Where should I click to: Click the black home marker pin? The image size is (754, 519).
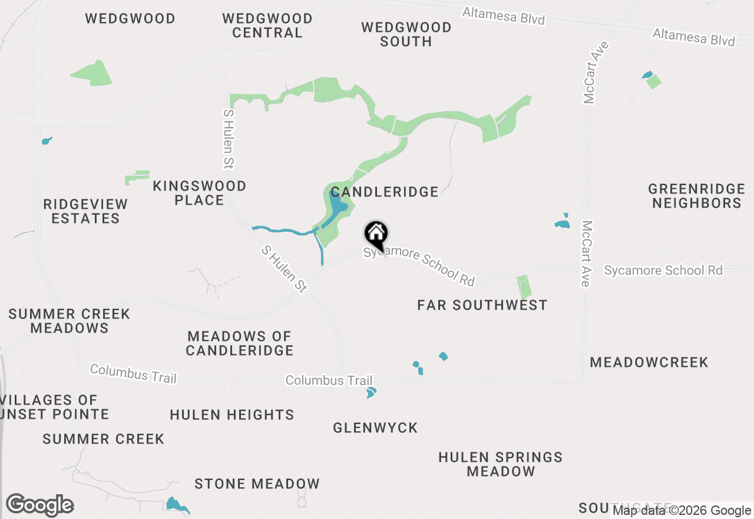tap(376, 235)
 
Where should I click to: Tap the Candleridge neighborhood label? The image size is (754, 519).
tap(384, 192)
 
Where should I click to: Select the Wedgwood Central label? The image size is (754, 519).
tap(267, 25)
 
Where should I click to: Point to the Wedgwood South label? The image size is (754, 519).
tap(406, 34)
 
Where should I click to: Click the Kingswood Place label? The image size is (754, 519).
tap(199, 193)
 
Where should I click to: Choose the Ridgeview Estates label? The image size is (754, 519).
tap(85, 211)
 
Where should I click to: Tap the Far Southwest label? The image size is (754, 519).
tap(482, 305)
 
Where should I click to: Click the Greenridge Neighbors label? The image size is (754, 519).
tap(696, 196)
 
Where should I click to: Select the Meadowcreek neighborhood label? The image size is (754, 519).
tap(649, 362)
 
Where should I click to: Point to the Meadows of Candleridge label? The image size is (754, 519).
tap(240, 343)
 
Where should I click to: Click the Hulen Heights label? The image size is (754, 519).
tap(232, 415)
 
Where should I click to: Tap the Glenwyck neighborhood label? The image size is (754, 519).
tap(375, 428)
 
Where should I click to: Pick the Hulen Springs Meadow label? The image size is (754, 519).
tap(501, 464)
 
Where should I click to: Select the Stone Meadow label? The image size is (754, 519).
tap(257, 484)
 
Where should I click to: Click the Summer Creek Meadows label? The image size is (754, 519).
tap(70, 321)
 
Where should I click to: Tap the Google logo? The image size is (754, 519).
tap(39, 505)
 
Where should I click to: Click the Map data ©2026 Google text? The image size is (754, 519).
tap(682, 511)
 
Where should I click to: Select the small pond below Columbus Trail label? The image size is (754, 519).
tap(371, 393)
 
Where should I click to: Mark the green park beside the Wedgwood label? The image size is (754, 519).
tap(93, 73)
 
